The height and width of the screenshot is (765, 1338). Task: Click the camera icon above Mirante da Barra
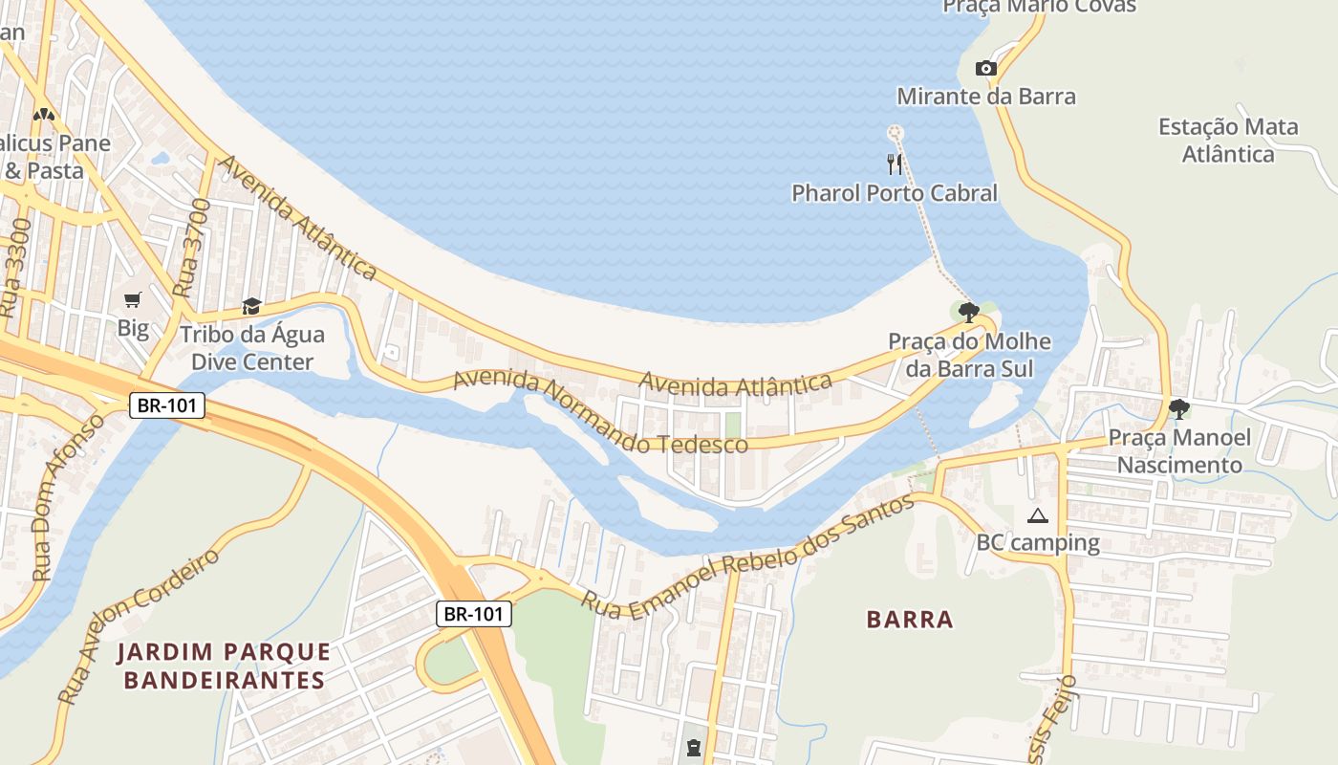click(x=985, y=68)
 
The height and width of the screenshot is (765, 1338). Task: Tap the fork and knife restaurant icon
click(x=895, y=164)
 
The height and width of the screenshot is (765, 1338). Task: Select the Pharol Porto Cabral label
click(x=894, y=193)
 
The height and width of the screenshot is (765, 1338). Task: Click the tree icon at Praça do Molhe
click(x=968, y=312)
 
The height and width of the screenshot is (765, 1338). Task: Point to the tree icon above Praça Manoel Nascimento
click(x=1179, y=409)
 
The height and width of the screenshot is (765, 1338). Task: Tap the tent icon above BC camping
click(x=1037, y=516)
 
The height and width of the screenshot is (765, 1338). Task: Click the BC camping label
click(x=1037, y=543)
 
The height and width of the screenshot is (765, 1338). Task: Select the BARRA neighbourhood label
click(x=910, y=620)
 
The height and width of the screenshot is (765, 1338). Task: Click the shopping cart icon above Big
click(x=133, y=300)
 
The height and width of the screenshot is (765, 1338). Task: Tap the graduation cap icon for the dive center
click(x=251, y=306)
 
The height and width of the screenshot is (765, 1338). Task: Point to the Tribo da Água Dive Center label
click(x=252, y=348)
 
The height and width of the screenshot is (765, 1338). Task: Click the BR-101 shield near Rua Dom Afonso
click(x=167, y=404)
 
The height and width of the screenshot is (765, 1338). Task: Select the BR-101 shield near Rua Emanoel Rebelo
click(x=474, y=614)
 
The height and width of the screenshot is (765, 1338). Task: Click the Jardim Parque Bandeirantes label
click(x=224, y=667)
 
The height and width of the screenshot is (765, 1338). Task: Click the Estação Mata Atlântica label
click(x=1228, y=141)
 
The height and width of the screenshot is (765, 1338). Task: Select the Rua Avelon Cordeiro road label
click(x=139, y=625)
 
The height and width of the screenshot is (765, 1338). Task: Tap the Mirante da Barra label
click(x=985, y=97)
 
